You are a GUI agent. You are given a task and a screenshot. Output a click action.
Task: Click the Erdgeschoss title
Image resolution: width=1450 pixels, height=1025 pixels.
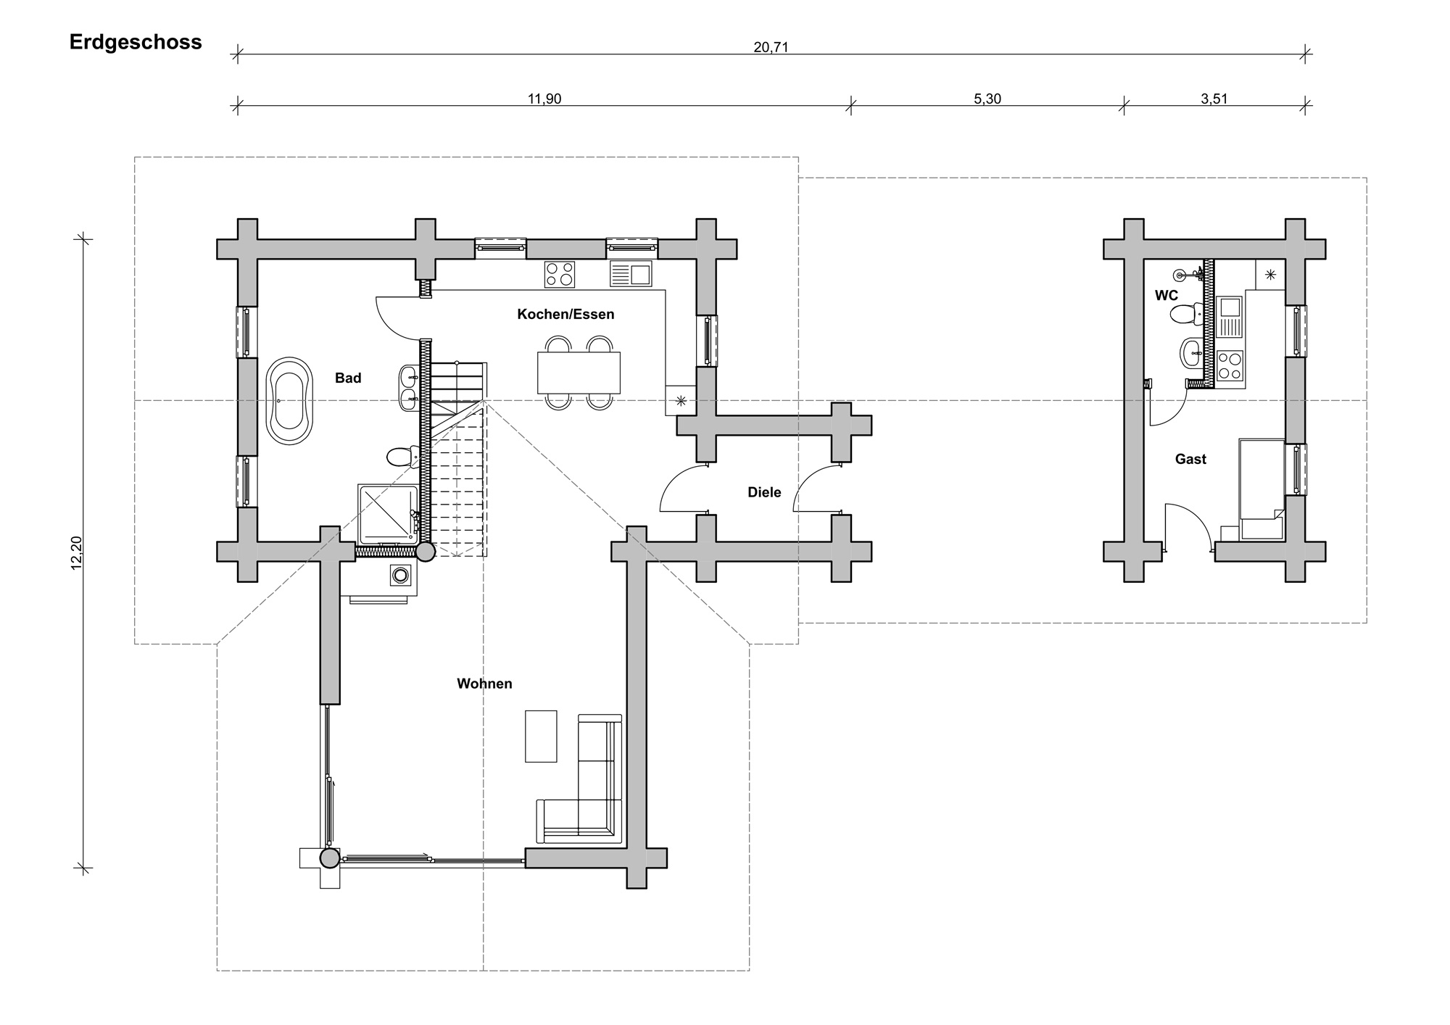136,43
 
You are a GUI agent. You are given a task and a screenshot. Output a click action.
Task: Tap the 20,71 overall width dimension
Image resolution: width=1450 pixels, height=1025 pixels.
771,48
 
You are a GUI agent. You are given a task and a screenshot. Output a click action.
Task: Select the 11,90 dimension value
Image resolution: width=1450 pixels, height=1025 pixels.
544,99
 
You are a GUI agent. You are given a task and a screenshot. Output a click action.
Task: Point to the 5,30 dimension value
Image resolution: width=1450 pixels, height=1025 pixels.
987,99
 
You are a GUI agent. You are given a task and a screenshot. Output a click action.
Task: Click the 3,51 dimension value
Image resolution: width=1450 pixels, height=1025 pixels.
1214,99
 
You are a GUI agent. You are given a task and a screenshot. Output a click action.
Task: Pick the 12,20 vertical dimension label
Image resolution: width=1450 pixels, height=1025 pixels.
78,552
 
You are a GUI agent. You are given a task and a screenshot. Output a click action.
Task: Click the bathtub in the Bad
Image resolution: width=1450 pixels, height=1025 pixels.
289,400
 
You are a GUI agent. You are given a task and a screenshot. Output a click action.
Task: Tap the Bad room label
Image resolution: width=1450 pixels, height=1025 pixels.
348,378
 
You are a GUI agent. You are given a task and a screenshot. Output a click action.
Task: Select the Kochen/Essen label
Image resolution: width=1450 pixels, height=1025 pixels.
565,315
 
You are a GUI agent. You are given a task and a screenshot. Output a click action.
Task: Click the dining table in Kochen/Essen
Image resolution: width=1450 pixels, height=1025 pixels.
579,373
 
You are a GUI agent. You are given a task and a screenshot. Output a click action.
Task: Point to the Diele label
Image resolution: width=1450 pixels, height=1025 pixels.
764,493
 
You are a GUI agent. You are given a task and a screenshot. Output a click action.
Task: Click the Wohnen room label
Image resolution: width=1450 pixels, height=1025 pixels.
484,684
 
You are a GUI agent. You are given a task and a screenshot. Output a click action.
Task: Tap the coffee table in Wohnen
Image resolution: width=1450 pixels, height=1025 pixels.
541,736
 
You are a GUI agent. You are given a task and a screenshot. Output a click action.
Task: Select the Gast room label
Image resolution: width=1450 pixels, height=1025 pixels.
1190,460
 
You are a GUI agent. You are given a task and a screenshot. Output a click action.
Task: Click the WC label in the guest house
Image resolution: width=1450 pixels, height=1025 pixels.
1167,296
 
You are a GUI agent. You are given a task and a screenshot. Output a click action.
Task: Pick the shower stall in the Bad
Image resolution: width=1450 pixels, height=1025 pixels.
389,514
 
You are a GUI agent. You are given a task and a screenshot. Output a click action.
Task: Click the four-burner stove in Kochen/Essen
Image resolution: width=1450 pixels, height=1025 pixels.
560,275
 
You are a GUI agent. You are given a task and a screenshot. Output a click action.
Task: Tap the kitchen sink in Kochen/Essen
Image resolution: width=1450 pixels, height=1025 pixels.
631,275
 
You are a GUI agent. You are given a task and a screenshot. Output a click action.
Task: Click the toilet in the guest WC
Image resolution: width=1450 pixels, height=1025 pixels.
1183,315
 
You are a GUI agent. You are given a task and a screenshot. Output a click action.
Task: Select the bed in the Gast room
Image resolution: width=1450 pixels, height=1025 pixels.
1262,489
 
